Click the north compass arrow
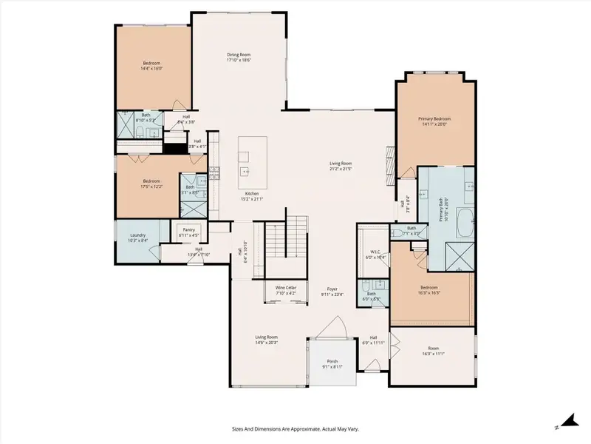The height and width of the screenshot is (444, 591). [567, 422]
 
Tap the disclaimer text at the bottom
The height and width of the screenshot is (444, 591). [295, 428]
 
